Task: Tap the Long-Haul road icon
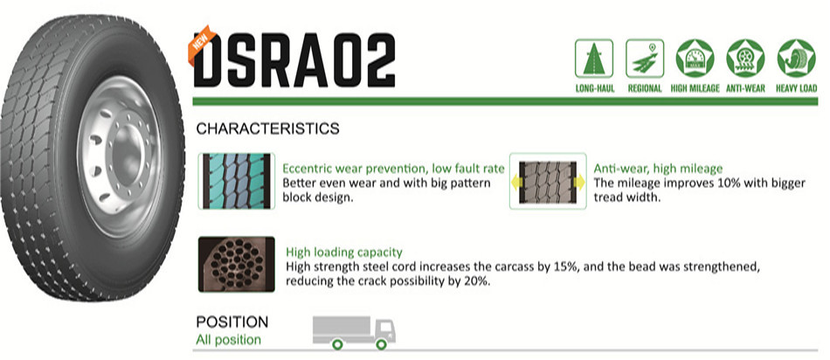point(594,59)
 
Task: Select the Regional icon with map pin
point(645,59)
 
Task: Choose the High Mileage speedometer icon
point(695,59)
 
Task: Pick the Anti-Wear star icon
point(745,59)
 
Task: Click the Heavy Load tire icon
point(796,59)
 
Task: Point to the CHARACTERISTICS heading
point(268,128)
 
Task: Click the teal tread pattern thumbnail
point(237,181)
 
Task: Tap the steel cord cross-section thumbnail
point(237,264)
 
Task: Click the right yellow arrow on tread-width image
point(579,183)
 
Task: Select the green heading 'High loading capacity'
point(344,252)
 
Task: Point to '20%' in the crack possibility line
point(479,281)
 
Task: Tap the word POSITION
point(232,322)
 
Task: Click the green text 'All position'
point(229,339)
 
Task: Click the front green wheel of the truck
point(381,344)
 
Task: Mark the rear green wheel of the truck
point(338,344)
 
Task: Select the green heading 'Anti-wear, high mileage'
point(658,169)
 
